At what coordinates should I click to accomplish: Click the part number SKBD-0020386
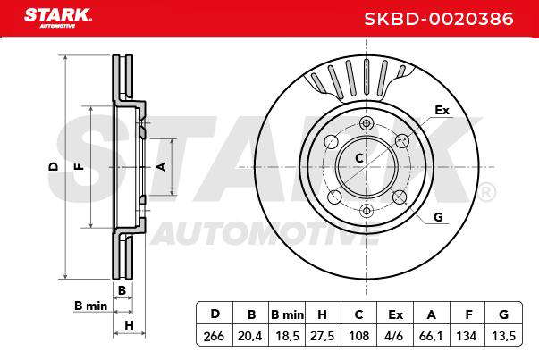click(x=439, y=19)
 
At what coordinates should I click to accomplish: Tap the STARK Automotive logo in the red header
click(x=58, y=18)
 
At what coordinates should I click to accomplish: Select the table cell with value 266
click(x=215, y=335)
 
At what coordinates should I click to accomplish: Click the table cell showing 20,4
click(x=250, y=335)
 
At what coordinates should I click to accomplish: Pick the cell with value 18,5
click(x=287, y=335)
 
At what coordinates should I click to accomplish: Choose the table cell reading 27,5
click(x=323, y=335)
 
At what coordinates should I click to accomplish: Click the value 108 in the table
click(x=358, y=335)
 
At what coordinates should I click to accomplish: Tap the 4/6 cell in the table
click(x=395, y=335)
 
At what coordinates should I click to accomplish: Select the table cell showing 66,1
click(x=431, y=335)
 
